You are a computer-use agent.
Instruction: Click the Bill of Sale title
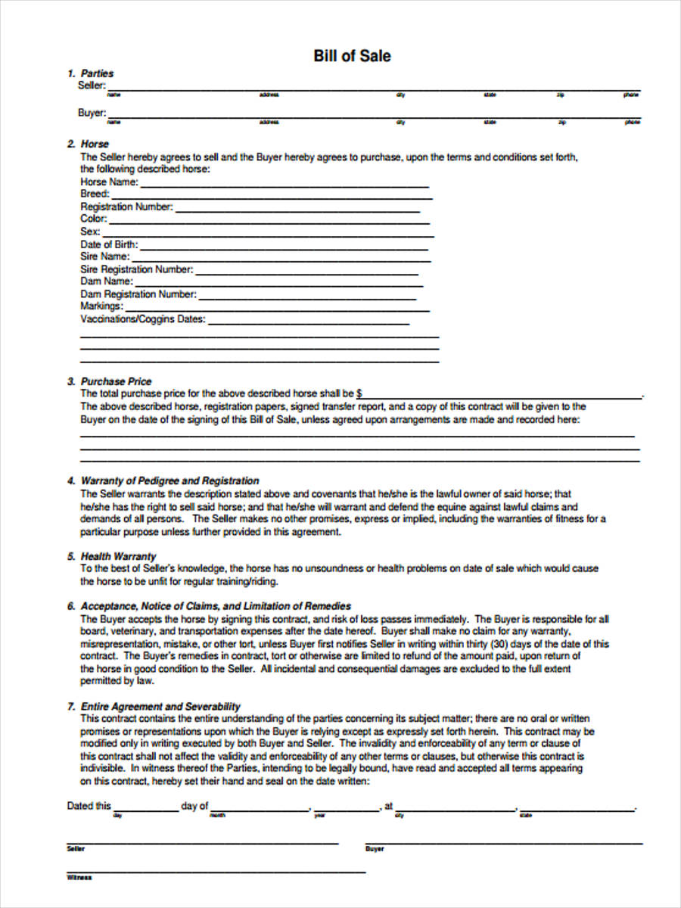pos(352,56)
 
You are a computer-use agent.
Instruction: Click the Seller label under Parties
pos(92,86)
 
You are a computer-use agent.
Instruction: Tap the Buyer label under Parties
pos(92,113)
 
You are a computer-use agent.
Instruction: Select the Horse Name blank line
pos(285,185)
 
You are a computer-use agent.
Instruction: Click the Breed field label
pos(95,194)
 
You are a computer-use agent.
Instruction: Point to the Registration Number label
pos(126,207)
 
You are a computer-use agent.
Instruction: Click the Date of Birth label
pos(107,244)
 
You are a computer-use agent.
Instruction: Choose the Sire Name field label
pos(104,257)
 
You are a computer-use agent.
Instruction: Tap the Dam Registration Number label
pos(138,294)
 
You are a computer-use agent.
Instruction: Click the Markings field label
pos(101,306)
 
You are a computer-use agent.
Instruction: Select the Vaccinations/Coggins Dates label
pos(142,319)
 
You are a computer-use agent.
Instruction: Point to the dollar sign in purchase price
pos(359,393)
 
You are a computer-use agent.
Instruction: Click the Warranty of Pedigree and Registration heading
pos(169,480)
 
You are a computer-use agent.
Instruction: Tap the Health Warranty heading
pos(118,556)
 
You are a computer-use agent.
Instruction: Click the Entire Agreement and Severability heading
pos(160,706)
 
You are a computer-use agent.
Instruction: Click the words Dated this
pos(89,806)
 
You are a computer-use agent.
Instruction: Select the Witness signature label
pos(79,878)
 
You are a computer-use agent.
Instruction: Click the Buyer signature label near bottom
pos(375,849)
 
